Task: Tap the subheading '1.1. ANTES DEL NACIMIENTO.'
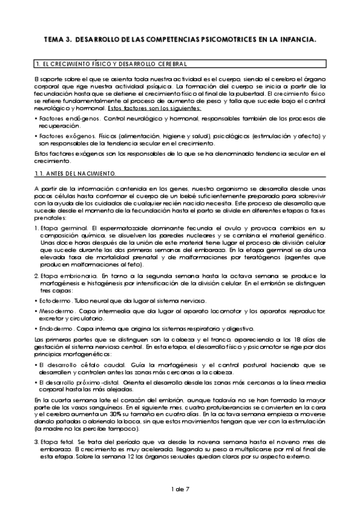click(75, 174)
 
